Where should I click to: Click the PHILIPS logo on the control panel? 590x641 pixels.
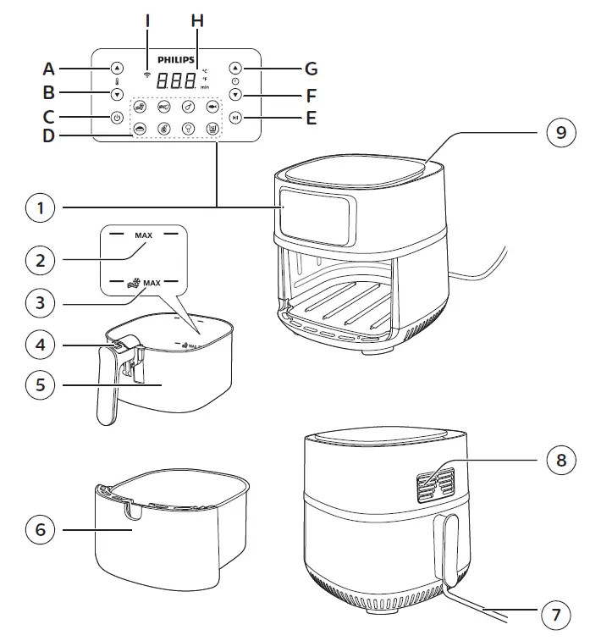pos(175,61)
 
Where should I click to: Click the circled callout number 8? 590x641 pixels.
pos(555,461)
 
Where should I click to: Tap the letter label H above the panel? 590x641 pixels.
pos(197,19)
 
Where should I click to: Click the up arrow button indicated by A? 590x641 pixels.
pos(117,69)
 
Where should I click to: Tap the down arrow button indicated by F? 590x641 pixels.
pos(235,95)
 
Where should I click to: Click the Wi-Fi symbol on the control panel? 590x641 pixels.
pos(149,75)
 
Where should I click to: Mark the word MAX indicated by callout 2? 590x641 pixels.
pos(144,235)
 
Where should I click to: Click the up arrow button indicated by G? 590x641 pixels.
pos(235,69)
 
